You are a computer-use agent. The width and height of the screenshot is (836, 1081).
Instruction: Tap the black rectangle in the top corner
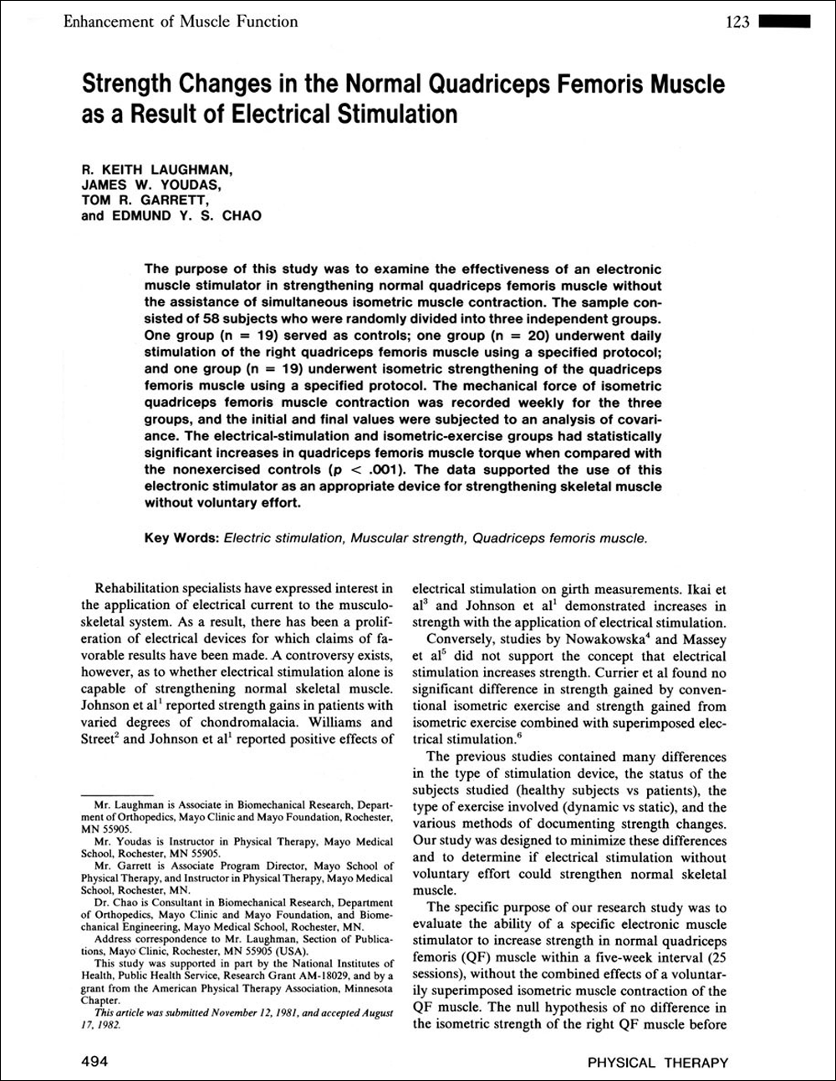click(x=785, y=22)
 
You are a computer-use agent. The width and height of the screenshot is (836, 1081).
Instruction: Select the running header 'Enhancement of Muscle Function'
click(x=181, y=22)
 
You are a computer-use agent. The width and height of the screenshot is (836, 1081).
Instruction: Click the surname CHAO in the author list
click(x=241, y=216)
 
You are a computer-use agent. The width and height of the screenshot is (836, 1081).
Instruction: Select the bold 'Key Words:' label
click(x=181, y=539)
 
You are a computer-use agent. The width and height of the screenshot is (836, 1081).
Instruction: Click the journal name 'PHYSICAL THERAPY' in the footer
click(x=657, y=1063)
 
